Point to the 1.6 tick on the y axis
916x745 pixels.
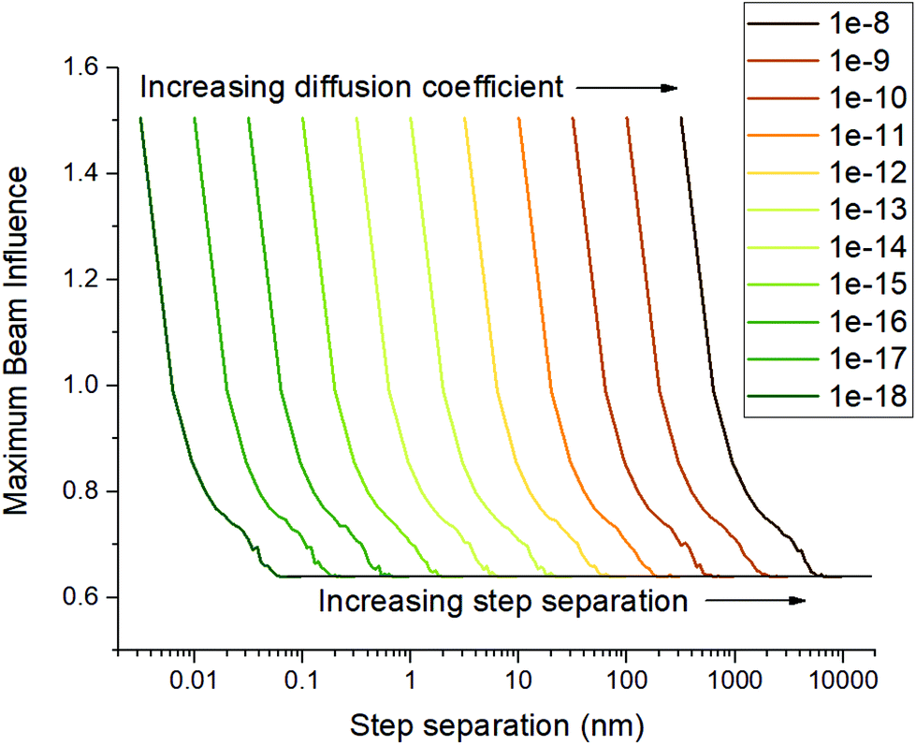(85, 68)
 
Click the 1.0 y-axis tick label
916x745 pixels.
(85, 386)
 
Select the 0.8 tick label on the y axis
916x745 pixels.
(85, 491)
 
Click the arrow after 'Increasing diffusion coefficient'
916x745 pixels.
(626, 88)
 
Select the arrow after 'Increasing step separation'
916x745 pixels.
(754, 601)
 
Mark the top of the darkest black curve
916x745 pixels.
(681, 119)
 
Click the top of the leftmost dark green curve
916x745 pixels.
(140, 119)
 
